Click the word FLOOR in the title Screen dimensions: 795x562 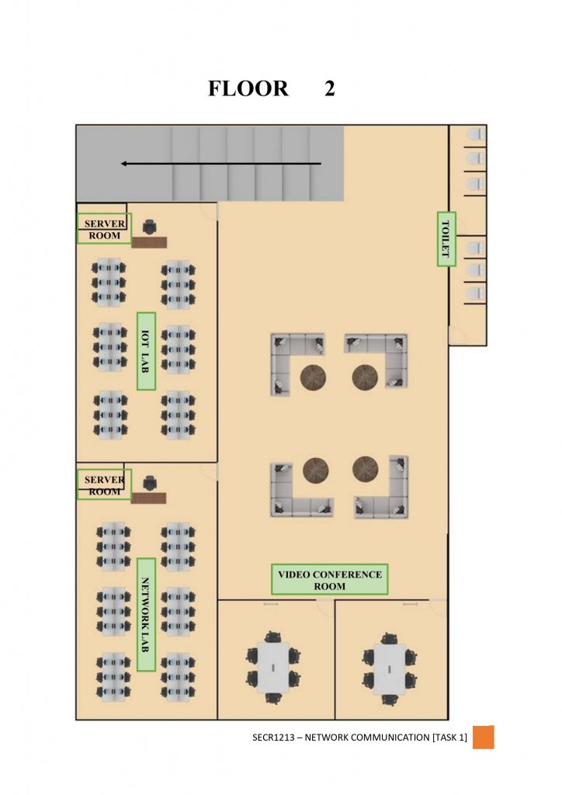248,89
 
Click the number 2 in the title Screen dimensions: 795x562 330,89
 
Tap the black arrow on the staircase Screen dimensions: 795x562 220,164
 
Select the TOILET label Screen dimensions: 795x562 446,238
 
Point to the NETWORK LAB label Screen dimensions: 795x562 145,614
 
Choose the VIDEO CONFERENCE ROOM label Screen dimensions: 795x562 329,580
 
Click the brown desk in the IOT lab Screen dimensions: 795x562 149,243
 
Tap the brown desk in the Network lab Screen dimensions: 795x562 148,498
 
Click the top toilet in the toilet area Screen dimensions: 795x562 474,135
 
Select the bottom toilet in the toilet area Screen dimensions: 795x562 474,294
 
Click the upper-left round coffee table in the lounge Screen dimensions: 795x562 313,378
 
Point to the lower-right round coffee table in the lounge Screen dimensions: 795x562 365,468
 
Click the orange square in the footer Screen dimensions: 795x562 483,737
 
